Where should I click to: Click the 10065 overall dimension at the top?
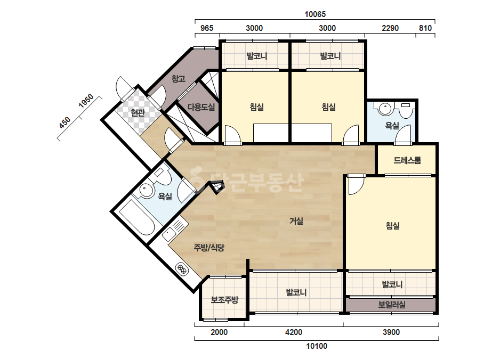(315, 14)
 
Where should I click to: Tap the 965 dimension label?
(207, 28)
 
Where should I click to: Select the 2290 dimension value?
(390, 28)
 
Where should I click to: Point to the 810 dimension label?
(425, 28)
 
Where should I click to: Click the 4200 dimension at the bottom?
(293, 332)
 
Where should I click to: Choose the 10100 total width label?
(317, 346)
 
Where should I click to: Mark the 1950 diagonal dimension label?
(86, 101)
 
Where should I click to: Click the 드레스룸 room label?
(407, 160)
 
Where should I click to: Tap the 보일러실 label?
(392, 305)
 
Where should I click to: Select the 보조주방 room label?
(224, 300)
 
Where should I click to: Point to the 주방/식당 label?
(209, 248)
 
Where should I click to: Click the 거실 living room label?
(296, 221)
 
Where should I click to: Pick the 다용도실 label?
(201, 107)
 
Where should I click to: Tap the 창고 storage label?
(178, 78)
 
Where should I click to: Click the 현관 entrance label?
(138, 112)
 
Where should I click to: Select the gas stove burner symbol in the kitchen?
(182, 268)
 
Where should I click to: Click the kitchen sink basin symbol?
(169, 234)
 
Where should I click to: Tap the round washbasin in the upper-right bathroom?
(385, 109)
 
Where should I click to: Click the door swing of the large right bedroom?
(356, 185)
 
